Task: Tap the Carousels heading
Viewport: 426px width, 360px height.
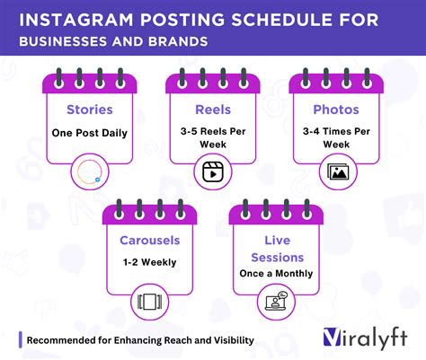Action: pyautogui.click(x=150, y=241)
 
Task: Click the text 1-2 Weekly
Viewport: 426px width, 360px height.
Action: pyautogui.click(x=150, y=264)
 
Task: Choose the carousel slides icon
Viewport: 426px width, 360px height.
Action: pyautogui.click(x=150, y=301)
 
